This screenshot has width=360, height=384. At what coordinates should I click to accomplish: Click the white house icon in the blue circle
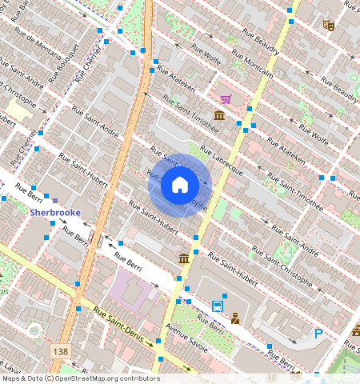180,186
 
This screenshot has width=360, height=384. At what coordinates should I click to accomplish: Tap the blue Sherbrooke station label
55,213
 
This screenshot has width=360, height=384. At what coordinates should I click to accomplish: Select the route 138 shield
59,351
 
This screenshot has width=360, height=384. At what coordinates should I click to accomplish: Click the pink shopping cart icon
226,99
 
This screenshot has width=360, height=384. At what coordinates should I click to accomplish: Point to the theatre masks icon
328,25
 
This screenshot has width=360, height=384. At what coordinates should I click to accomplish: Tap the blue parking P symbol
318,334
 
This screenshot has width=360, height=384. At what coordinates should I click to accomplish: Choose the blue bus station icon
217,306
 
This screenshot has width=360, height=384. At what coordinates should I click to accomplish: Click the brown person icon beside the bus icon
235,318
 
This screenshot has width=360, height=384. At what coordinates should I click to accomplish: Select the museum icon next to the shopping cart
218,116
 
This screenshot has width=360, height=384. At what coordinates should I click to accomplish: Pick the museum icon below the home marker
184,258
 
